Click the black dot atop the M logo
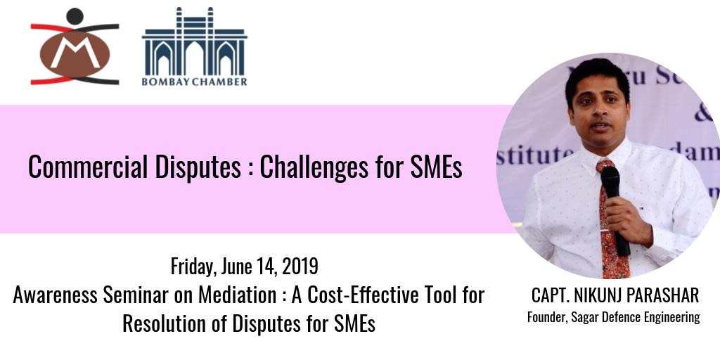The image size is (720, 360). coord(75,16)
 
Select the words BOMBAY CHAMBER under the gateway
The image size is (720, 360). coord(194,82)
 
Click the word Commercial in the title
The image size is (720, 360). coord(88,167)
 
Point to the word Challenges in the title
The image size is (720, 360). coord(314,167)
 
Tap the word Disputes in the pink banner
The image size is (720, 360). coord(198,167)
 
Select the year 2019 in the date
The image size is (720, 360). coord(300,266)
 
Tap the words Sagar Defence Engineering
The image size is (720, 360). coord(636,318)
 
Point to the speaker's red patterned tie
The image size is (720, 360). coord(613,219)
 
